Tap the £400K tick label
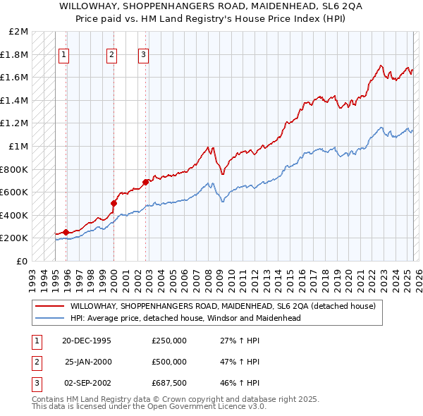coord(16,215)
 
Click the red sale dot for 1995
coord(66,232)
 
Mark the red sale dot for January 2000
coord(114,203)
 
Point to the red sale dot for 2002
coord(145,182)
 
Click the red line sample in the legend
coord(50,307)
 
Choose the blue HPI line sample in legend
coord(50,318)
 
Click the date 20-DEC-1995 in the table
coord(87,341)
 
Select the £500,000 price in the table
coord(169,362)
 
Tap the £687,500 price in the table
coord(169,383)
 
